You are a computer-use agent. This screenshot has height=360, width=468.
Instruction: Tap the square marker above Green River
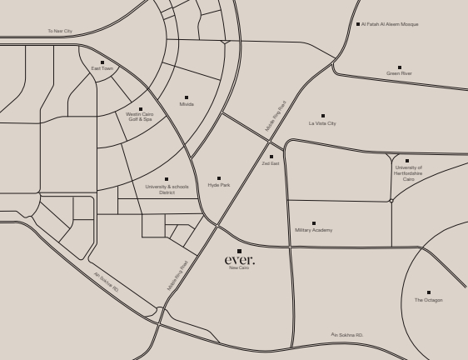(x=399, y=67)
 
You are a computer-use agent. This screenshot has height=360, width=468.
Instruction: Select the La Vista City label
(x=322, y=123)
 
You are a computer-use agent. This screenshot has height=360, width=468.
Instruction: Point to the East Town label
(x=102, y=68)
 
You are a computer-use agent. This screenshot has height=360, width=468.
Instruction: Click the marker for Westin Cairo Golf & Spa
(x=140, y=109)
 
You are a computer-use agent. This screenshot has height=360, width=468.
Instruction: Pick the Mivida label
(x=187, y=104)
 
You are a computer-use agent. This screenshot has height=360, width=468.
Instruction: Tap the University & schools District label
(x=167, y=189)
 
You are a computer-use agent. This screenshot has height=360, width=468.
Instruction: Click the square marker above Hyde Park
(x=219, y=178)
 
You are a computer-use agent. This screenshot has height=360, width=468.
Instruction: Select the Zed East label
(x=271, y=163)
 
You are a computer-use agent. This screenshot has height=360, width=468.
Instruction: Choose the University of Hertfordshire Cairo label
(x=408, y=172)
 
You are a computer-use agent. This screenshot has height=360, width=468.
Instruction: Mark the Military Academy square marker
(x=313, y=223)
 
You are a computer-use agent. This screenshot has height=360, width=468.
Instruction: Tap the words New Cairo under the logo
(x=239, y=268)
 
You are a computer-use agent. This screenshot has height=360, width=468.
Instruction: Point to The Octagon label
(x=429, y=300)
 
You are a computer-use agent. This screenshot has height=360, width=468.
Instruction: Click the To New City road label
(x=60, y=31)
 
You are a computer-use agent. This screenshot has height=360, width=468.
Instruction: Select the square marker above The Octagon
(x=429, y=292)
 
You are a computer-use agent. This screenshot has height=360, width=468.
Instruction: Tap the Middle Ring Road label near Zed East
(x=276, y=116)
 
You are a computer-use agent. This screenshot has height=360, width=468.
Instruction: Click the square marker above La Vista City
(x=323, y=116)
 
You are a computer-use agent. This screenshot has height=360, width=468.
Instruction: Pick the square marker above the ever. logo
(x=239, y=251)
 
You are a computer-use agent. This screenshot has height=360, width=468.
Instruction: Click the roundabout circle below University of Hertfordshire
(x=391, y=200)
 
